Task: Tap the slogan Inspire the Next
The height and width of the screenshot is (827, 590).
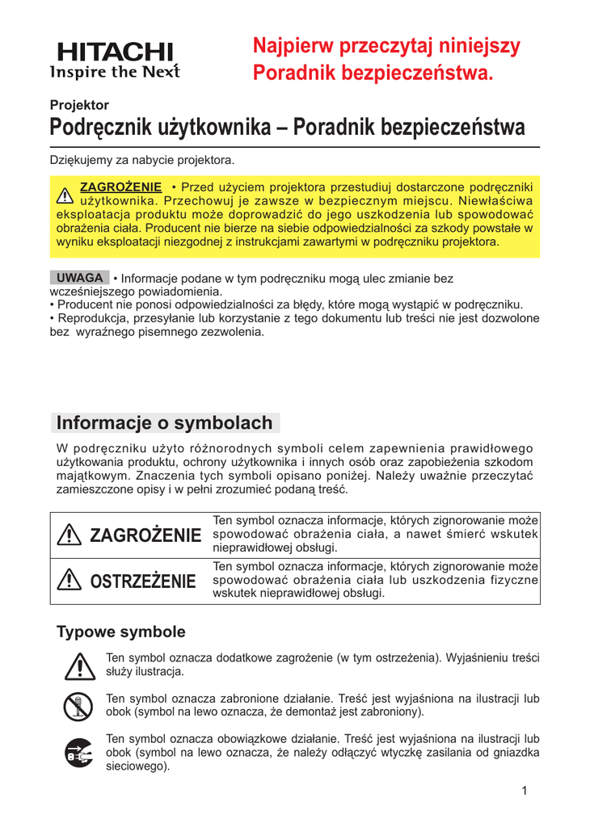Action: pos(114,71)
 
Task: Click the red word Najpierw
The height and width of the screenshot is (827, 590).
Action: pos(297,46)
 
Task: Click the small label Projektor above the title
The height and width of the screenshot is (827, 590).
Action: pos(79,104)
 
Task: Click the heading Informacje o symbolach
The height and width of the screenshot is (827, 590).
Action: pos(165,422)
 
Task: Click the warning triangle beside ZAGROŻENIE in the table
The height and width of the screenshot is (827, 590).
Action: pos(71,535)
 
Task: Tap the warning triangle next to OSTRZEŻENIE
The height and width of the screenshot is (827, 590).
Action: pos(71,580)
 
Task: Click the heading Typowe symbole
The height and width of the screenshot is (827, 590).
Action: pos(120,631)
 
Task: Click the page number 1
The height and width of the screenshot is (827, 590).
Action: pos(525,790)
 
